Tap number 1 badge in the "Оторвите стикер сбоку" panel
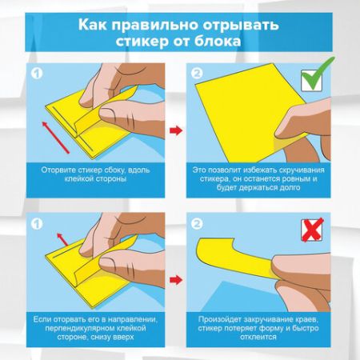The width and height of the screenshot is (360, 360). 34,74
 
